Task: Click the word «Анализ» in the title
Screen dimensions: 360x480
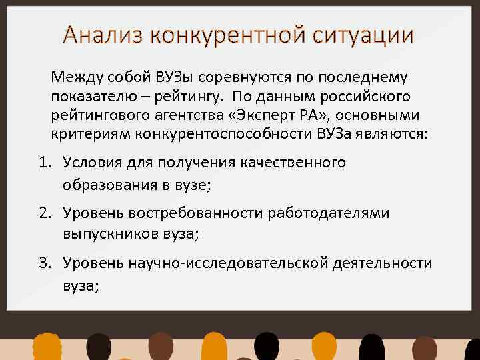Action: coord(103,34)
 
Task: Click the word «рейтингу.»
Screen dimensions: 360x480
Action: coord(193,97)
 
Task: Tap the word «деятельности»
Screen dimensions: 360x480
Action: coord(383,263)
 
